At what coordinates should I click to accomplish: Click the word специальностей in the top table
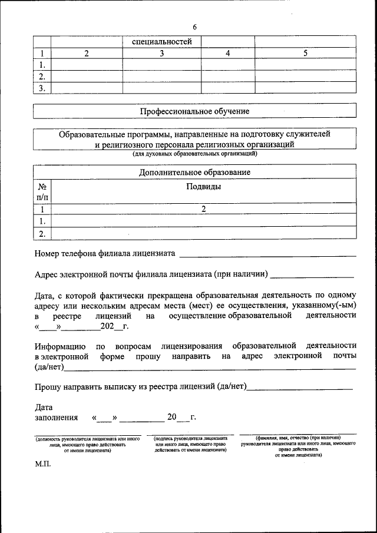coord(161,42)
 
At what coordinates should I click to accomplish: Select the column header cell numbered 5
coord(305,54)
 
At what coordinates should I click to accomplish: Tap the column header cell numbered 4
coord(227,54)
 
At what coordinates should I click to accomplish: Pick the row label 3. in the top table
coord(42,88)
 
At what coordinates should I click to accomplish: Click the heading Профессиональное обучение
coord(194,111)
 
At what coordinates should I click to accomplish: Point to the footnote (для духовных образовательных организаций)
coord(194,154)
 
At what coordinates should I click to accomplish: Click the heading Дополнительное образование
coord(194,172)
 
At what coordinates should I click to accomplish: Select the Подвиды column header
coord(203,187)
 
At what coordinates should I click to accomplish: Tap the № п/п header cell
coord(42,192)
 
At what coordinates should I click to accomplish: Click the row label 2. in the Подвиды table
coord(42,234)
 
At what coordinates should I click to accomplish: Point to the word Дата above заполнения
coord(44,407)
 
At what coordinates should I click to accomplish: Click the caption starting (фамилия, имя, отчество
coord(297,446)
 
